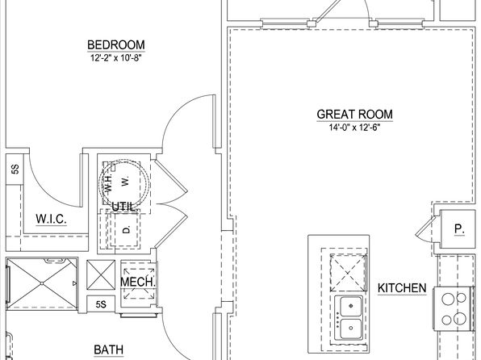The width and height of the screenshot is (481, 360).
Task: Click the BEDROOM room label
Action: [116, 45]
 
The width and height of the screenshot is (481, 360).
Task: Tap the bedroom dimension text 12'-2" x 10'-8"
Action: [115, 58]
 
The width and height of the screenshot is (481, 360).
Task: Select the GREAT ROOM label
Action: [354, 114]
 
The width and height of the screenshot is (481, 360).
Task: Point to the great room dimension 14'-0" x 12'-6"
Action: [354, 128]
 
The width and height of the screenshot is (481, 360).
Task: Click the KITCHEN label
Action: [402, 288]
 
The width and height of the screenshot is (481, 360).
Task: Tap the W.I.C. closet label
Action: [51, 219]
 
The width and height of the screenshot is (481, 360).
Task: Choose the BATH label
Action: [109, 350]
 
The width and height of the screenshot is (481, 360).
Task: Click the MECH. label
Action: [138, 282]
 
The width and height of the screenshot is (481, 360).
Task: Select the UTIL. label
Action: [124, 207]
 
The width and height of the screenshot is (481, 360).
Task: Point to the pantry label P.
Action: [459, 229]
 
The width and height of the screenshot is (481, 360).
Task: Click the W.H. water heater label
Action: [108, 182]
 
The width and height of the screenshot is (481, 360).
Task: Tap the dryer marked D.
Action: [127, 229]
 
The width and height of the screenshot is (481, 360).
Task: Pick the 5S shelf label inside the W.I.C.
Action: [15, 170]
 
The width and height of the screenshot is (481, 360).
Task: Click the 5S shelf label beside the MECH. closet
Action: [101, 304]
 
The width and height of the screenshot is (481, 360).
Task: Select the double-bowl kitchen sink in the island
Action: [349, 317]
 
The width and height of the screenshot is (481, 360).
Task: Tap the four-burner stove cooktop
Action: [454, 309]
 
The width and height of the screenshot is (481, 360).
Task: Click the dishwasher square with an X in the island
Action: [349, 273]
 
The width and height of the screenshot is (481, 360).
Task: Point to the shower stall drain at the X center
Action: [42, 283]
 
